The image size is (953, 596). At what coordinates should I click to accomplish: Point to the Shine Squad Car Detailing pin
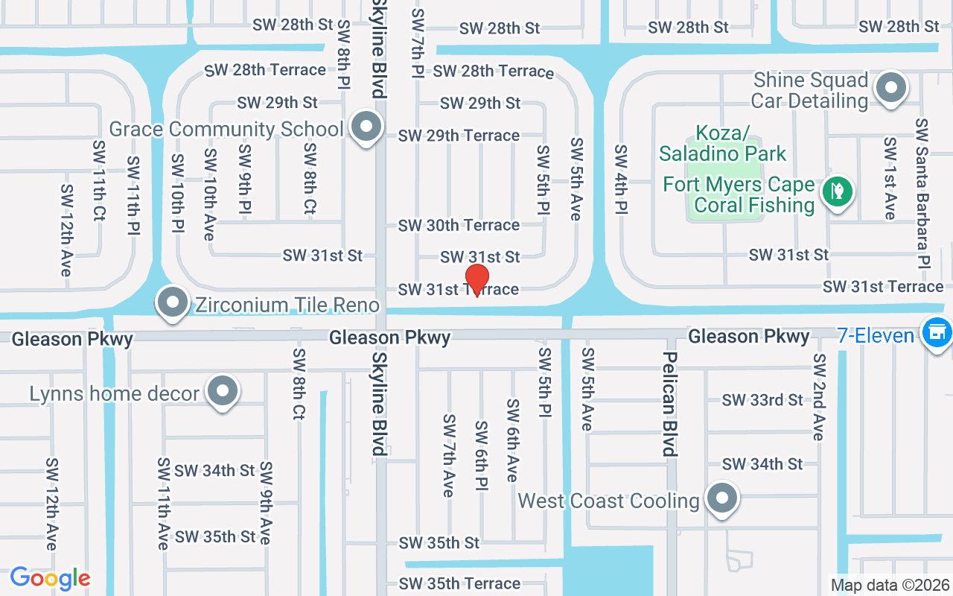(x=890, y=88)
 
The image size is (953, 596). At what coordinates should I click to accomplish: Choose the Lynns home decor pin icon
(x=222, y=391)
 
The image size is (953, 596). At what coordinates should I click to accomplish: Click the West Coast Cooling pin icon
(x=721, y=498)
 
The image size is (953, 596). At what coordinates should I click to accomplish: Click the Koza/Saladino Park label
(x=722, y=144)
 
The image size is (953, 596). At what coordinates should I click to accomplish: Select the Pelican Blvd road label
(x=669, y=403)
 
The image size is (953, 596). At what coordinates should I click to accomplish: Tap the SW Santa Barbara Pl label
(x=922, y=193)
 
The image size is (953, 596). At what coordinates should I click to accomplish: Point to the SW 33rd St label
(x=762, y=400)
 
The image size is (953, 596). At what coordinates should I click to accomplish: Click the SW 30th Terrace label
(x=459, y=225)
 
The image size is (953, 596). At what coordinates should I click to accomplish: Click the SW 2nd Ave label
(x=819, y=396)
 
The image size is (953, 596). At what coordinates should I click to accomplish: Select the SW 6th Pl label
(x=481, y=455)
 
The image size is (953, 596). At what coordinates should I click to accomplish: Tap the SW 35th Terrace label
(x=459, y=583)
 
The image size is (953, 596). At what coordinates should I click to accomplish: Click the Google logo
(x=50, y=578)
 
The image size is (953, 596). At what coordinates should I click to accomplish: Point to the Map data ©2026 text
(x=890, y=585)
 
